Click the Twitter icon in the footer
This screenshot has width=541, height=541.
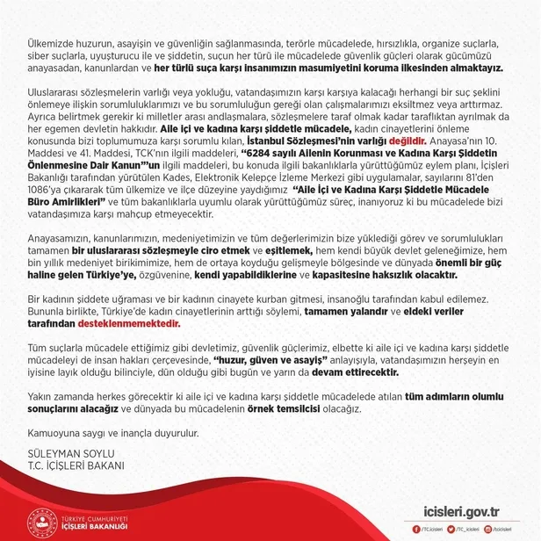point(451,530)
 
